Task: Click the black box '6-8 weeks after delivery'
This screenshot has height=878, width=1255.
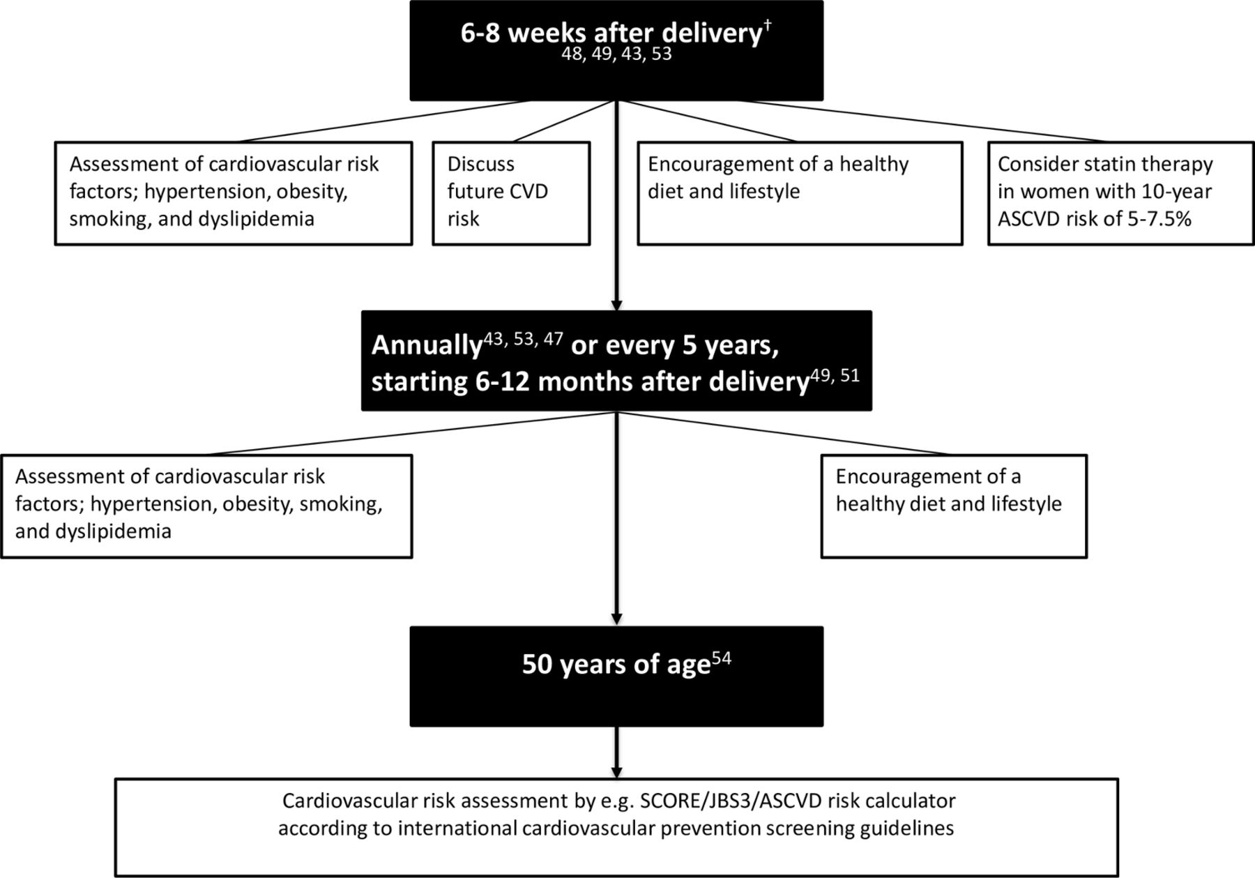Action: (616, 50)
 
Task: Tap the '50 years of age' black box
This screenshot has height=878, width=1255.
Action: (616, 676)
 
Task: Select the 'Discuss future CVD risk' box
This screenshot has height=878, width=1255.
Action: (511, 193)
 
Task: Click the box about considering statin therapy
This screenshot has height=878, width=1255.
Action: (1121, 193)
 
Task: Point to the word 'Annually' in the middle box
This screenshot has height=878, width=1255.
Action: (427, 346)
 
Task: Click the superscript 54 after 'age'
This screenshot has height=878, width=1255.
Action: (722, 658)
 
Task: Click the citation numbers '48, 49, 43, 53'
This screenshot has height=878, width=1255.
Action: (617, 54)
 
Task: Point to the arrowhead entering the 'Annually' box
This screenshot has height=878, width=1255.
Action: (616, 305)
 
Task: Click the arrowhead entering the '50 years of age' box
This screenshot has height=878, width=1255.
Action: (616, 619)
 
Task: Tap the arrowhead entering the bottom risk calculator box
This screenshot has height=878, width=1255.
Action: (616, 772)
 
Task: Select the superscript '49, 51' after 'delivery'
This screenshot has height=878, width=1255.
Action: (835, 375)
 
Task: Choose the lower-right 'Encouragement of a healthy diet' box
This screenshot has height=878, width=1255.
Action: (954, 506)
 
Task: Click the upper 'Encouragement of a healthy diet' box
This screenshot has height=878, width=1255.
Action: (800, 193)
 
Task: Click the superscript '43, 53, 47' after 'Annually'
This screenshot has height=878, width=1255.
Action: (523, 340)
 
